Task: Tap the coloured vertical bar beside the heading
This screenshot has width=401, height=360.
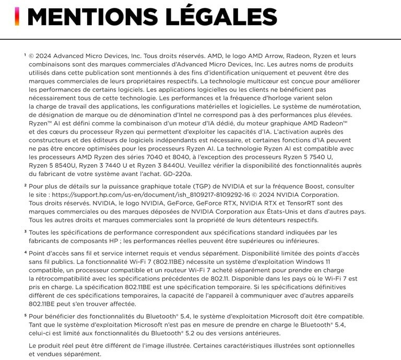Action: point(17,17)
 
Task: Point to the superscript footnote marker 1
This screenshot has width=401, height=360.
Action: point(25,54)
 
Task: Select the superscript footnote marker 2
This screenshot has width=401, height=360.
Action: point(25,185)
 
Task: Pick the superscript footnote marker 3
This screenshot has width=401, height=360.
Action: point(25,230)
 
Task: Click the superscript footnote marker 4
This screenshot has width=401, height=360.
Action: point(25,252)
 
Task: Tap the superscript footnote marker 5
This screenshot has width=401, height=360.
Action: point(25,315)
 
